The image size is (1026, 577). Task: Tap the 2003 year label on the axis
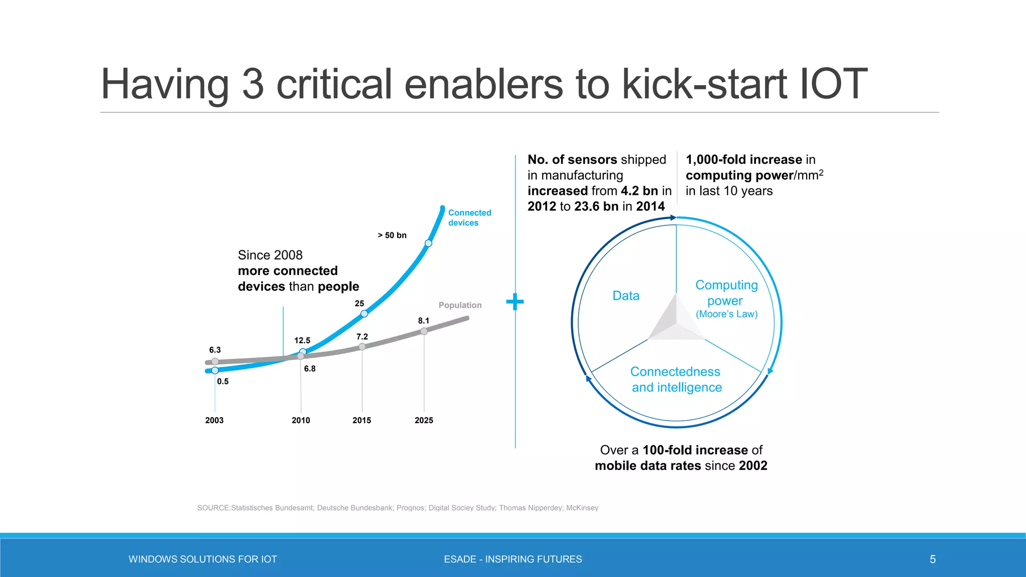coord(214,420)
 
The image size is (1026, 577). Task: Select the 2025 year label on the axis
coord(424,420)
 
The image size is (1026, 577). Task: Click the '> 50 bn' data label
coord(392,235)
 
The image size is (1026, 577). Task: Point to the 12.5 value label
coord(302,341)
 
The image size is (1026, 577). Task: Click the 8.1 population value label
coord(424,321)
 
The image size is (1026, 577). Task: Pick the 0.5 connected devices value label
coord(223,382)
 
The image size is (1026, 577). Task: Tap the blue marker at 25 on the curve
coord(364,314)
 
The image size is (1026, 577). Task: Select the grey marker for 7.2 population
coord(362,347)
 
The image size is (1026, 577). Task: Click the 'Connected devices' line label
coord(469,218)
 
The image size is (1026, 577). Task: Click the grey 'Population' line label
coord(460,305)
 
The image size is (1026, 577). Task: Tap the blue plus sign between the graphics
coord(515,302)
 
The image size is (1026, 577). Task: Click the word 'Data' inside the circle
coord(626,296)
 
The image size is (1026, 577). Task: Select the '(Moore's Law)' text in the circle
coord(726,314)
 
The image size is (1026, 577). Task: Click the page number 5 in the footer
coord(932,559)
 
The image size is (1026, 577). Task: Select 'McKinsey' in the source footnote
coord(582,508)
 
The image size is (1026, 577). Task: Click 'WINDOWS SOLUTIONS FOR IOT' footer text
coord(203,559)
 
